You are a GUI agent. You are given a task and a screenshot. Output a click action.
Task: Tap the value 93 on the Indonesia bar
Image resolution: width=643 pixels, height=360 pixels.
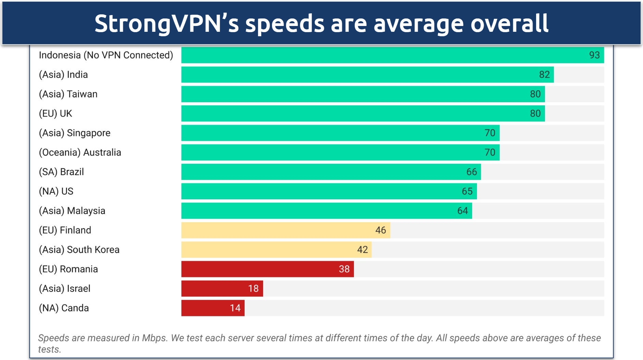[x=594, y=55]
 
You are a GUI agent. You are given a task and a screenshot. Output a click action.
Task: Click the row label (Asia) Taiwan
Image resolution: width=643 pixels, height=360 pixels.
[x=68, y=94]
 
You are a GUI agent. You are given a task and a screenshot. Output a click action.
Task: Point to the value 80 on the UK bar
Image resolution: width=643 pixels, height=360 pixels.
[x=535, y=114]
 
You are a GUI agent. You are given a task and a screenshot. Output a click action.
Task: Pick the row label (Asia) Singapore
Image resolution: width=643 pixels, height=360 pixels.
[x=74, y=133]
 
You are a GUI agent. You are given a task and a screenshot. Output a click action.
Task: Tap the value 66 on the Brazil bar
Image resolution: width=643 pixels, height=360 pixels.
[x=471, y=172]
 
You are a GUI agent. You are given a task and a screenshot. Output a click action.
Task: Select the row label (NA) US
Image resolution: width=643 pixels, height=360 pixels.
[x=56, y=191]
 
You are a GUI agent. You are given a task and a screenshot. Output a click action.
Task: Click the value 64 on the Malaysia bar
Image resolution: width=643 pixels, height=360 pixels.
[x=462, y=211]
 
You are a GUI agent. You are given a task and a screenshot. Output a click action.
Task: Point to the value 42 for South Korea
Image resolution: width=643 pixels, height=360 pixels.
[x=362, y=250]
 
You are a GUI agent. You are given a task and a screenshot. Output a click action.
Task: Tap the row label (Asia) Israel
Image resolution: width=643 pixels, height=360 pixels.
[x=65, y=289]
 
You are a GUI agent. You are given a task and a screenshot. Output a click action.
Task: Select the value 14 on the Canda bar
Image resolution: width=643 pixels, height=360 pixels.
[x=235, y=308]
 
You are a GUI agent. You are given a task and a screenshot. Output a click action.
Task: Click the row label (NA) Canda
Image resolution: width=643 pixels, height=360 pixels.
[x=64, y=308]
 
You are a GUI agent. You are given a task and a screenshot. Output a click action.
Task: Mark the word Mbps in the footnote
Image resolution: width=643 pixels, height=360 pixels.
[x=154, y=338]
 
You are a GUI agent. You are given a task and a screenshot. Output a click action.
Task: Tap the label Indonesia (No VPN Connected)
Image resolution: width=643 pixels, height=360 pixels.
[x=106, y=55]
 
